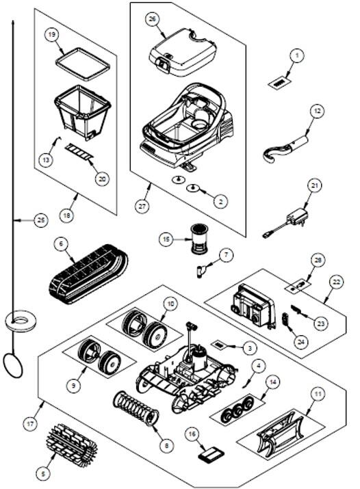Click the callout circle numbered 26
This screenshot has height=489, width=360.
tap(152, 18)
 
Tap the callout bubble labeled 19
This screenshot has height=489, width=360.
tap(52, 34)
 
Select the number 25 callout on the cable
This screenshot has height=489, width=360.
tap(41, 220)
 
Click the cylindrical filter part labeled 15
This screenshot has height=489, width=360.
tap(199, 240)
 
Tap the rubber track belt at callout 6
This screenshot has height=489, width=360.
tap(88, 274)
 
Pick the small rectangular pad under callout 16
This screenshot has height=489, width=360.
tap(211, 453)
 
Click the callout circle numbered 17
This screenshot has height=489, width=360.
tap(30, 424)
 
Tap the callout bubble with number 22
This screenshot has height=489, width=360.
tap(336, 282)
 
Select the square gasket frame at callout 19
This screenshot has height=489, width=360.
tap(83, 64)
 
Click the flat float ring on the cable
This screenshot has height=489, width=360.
tap(21, 321)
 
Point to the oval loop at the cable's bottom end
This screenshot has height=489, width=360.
tap(13, 366)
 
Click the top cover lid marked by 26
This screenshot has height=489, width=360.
tap(183, 52)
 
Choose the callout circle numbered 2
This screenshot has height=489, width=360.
tap(221, 202)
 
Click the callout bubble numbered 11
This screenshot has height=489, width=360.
tap(318, 395)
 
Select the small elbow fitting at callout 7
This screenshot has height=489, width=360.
tap(201, 269)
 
